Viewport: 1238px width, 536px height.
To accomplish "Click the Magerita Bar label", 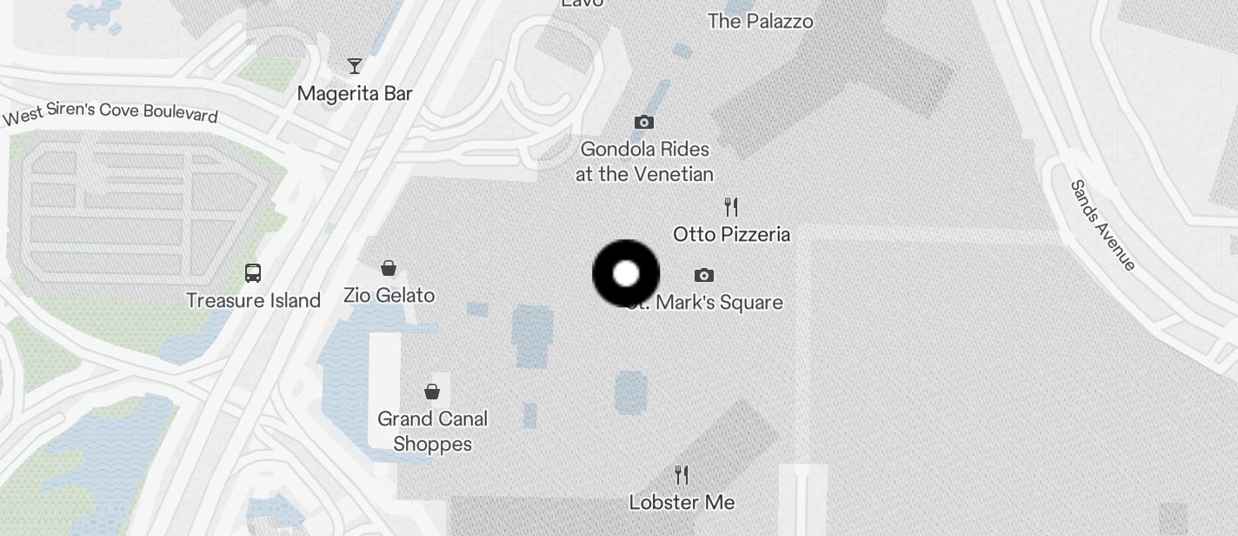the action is (x=355, y=93).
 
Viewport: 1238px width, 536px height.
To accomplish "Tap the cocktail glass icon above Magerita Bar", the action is (x=355, y=65).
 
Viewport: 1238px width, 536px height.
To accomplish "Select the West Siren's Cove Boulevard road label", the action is (x=110, y=113).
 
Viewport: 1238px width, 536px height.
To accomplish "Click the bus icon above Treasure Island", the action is (x=253, y=273).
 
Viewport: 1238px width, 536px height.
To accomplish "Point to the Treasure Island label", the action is (x=254, y=300).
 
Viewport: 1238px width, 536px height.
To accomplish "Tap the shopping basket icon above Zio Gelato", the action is (x=389, y=268).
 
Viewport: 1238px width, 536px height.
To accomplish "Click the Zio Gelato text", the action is (x=389, y=296).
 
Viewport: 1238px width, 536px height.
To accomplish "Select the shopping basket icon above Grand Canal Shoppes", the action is (x=432, y=392).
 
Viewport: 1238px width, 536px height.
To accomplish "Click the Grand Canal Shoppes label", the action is (x=432, y=432).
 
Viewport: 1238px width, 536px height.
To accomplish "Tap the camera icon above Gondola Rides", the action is (x=644, y=122).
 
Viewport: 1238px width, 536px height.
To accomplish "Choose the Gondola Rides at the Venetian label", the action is (x=644, y=162).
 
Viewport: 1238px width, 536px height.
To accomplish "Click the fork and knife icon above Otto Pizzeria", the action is (x=731, y=207).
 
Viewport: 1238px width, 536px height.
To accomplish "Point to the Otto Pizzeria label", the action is (x=731, y=234).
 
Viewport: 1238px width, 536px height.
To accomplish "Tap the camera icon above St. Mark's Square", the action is (x=704, y=276).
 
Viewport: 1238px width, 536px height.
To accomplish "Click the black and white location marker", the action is (x=626, y=274).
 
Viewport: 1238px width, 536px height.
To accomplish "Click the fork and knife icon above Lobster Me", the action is (x=682, y=475).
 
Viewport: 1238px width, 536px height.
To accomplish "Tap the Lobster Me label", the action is (x=682, y=502).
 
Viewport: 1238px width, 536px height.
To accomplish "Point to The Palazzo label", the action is (x=761, y=21).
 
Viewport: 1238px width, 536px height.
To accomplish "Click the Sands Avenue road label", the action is (x=1103, y=225).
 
